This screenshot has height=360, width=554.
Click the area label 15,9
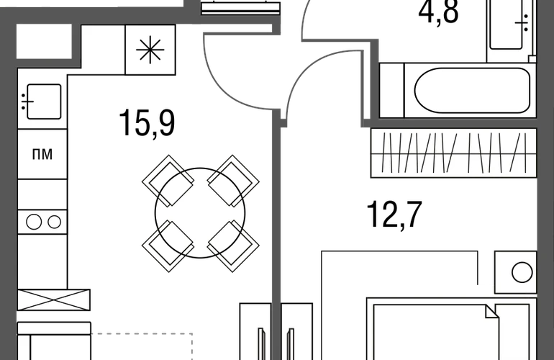click(147, 123)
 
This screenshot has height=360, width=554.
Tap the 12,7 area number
click(394, 215)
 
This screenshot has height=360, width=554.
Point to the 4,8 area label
click(438, 12)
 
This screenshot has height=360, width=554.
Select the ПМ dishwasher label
click(42, 154)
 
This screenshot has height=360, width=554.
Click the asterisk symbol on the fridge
click(150, 50)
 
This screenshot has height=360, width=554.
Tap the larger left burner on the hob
click(34, 222)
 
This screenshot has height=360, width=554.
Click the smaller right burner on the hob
click(55, 222)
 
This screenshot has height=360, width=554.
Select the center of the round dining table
click(200, 212)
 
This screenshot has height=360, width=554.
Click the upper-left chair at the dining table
click(168, 181)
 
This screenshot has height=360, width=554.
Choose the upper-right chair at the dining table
click(233, 181)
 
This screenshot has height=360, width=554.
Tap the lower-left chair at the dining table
click(168, 246)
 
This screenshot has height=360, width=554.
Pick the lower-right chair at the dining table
click(233, 246)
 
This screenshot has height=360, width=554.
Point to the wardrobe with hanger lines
click(454, 153)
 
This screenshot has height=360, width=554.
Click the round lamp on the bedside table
click(522, 273)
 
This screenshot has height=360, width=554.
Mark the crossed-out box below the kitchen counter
click(54, 300)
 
